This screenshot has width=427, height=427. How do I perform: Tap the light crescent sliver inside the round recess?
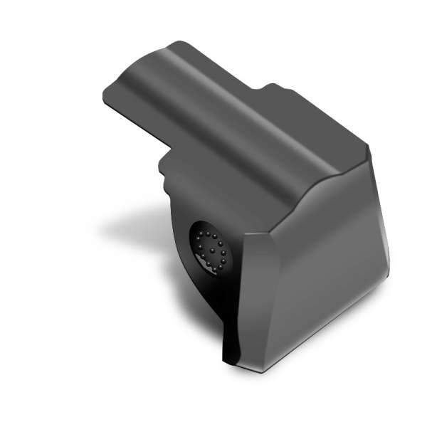click(207, 265)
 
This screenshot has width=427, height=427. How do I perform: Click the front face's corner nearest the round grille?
click(244, 235)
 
